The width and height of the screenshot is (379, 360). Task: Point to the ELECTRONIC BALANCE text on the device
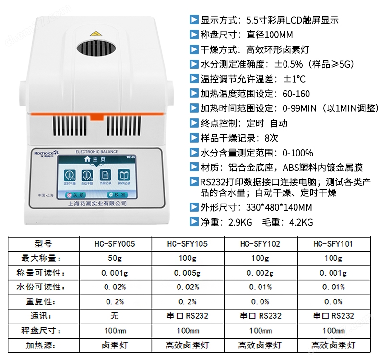pyautogui.click(x=96, y=152)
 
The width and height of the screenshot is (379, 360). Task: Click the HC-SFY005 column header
pyautogui.click(x=115, y=244)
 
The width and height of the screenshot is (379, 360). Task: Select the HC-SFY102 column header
pyautogui.click(x=260, y=244)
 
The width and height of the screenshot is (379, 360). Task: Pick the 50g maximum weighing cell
pyautogui.click(x=115, y=258)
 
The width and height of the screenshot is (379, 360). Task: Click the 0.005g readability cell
pyautogui.click(x=188, y=273)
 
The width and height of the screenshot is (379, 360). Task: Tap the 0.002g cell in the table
pyautogui.click(x=260, y=273)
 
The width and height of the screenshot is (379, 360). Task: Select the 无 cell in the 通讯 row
pyautogui.click(x=115, y=316)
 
